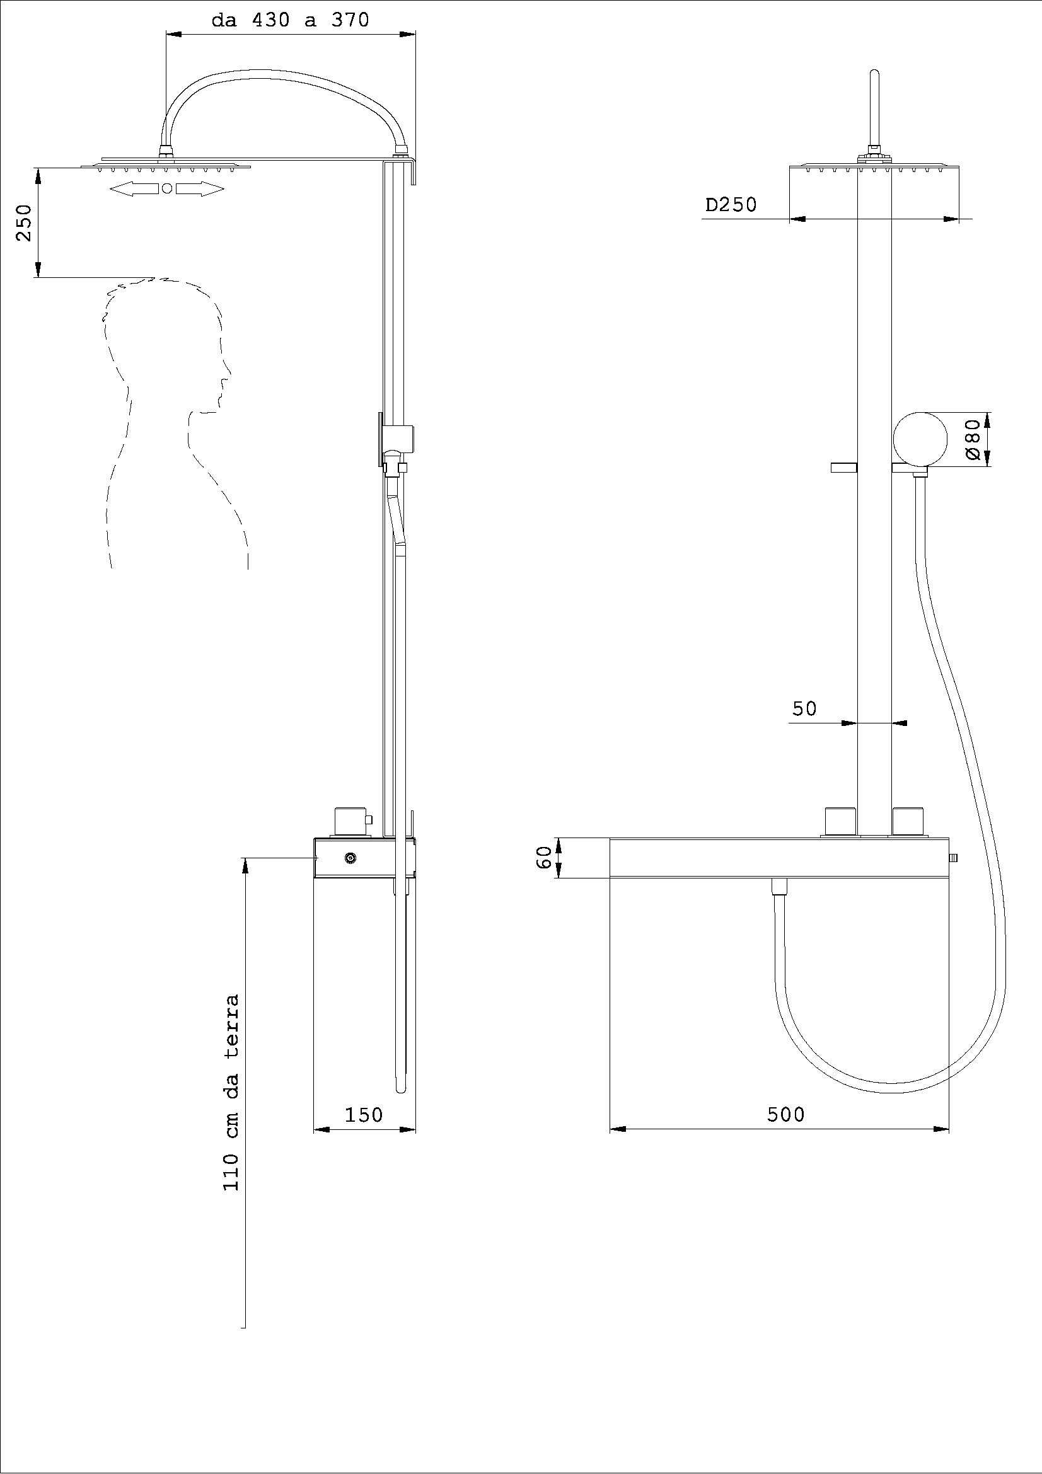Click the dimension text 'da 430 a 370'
coord(291,20)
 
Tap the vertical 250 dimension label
coord(24,222)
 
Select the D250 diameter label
coord(731,205)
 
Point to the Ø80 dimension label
coord(973,439)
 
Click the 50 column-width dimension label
coord(804,709)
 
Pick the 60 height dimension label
coord(543,857)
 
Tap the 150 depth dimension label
coord(364,1115)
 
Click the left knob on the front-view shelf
coord(840,822)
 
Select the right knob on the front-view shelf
coord(908,822)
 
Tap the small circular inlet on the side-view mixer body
coord(350,858)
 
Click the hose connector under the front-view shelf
coord(779,887)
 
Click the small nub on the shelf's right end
coord(953,858)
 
